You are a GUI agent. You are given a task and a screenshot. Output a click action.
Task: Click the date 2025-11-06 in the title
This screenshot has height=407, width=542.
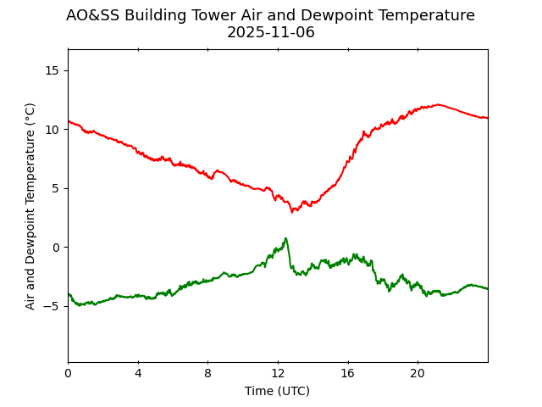pyautogui.click(x=270, y=32)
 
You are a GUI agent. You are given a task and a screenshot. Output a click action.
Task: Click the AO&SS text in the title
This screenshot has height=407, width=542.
pyautogui.click(x=93, y=15)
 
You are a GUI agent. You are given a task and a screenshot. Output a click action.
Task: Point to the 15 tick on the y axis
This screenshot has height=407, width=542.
pyautogui.click(x=52, y=70)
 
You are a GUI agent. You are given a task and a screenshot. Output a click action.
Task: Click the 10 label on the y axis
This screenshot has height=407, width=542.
pyautogui.click(x=52, y=130)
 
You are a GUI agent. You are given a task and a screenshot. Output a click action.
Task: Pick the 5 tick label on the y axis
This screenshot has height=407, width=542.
pyautogui.click(x=55, y=188)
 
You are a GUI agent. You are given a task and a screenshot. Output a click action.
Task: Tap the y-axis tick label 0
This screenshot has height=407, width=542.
pyautogui.click(x=55, y=248)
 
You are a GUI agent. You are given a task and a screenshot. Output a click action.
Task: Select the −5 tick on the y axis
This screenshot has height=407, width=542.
pyautogui.click(x=52, y=306)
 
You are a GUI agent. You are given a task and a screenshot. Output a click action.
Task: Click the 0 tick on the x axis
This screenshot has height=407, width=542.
pyautogui.click(x=68, y=374)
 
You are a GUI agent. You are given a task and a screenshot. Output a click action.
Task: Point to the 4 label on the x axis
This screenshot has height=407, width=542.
pyautogui.click(x=138, y=374)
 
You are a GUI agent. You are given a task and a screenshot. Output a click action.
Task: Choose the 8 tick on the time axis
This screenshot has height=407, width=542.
pyautogui.click(x=207, y=374)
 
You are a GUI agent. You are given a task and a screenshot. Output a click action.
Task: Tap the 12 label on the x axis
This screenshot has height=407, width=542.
pyautogui.click(x=278, y=374)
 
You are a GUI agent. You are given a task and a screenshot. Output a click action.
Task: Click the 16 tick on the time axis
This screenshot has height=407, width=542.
pyautogui.click(x=347, y=374)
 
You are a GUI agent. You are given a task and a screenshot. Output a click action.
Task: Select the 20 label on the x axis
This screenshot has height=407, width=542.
pyautogui.click(x=418, y=374)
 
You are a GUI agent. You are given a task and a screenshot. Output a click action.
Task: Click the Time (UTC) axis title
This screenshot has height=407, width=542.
pyautogui.click(x=277, y=391)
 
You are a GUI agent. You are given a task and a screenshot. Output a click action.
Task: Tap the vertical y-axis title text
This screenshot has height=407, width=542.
pyautogui.click(x=30, y=206)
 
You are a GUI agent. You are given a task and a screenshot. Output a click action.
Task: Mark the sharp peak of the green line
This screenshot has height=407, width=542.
pyautogui.click(x=286, y=238)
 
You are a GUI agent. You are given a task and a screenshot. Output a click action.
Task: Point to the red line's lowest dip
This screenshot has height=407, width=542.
pyautogui.click(x=293, y=211)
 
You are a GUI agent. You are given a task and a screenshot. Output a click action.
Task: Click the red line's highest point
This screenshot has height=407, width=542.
pyautogui.click(x=438, y=104)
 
